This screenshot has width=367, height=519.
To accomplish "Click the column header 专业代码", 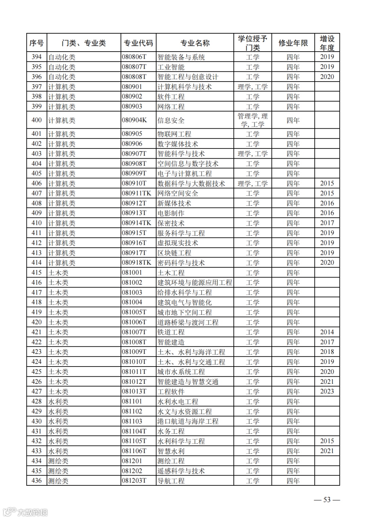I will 138,43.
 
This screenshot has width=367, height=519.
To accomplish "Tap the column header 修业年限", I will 293,43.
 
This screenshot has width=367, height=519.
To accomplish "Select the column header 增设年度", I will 327,43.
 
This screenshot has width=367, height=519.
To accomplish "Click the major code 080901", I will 132,87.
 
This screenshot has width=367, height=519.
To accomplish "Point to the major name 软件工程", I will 171,97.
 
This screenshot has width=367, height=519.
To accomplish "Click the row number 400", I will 37,120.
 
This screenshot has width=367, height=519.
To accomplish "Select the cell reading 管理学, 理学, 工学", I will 252,120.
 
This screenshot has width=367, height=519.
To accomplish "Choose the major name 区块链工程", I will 174,253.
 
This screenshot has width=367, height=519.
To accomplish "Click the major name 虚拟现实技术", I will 178,243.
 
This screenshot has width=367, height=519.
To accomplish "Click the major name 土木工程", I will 171,273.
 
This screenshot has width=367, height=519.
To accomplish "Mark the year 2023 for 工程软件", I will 327,392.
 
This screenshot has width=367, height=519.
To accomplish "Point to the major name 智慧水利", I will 171,451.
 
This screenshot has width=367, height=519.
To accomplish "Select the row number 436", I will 37,481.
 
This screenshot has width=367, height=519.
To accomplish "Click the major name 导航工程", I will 171,481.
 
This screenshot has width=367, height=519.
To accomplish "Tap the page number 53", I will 327,500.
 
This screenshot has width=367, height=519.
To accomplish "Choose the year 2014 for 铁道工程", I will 327,332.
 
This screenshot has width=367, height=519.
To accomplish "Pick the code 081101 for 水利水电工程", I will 132,401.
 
